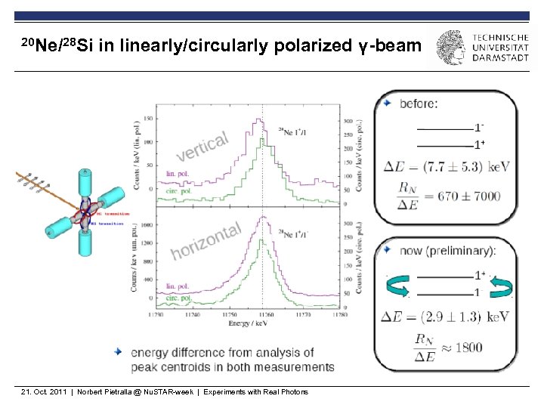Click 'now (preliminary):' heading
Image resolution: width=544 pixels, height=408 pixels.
[x=449, y=250]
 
